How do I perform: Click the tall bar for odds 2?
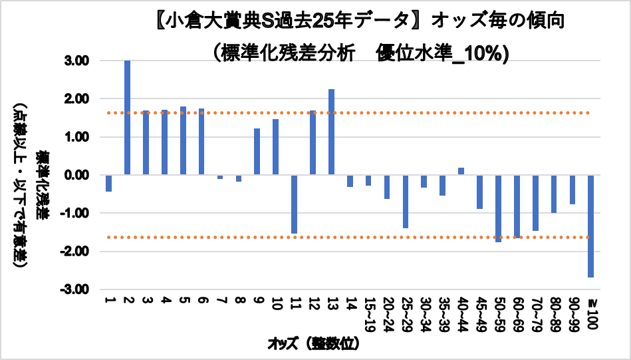tap(127, 118)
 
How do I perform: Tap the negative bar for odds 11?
tap(294, 204)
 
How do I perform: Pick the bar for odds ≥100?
tap(590, 226)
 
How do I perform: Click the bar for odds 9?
tap(257, 152)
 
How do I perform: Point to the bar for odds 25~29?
tap(405, 201)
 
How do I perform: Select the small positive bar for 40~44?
tap(461, 172)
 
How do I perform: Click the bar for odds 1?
tap(108, 183)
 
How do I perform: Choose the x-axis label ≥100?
tap(591, 312)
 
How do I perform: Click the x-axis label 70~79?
tap(535, 313)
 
